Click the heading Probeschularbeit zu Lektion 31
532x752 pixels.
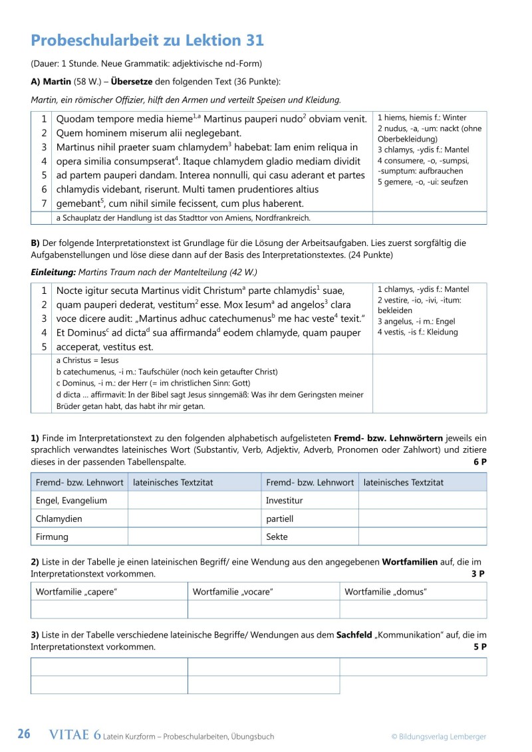point(147,41)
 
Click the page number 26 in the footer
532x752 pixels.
point(24,735)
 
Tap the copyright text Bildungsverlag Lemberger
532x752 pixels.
point(438,736)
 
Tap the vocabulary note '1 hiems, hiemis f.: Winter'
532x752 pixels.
point(422,118)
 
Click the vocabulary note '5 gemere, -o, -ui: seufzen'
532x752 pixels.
point(422,182)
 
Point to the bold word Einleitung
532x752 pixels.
point(53,272)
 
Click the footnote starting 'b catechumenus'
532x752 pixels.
point(167,371)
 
